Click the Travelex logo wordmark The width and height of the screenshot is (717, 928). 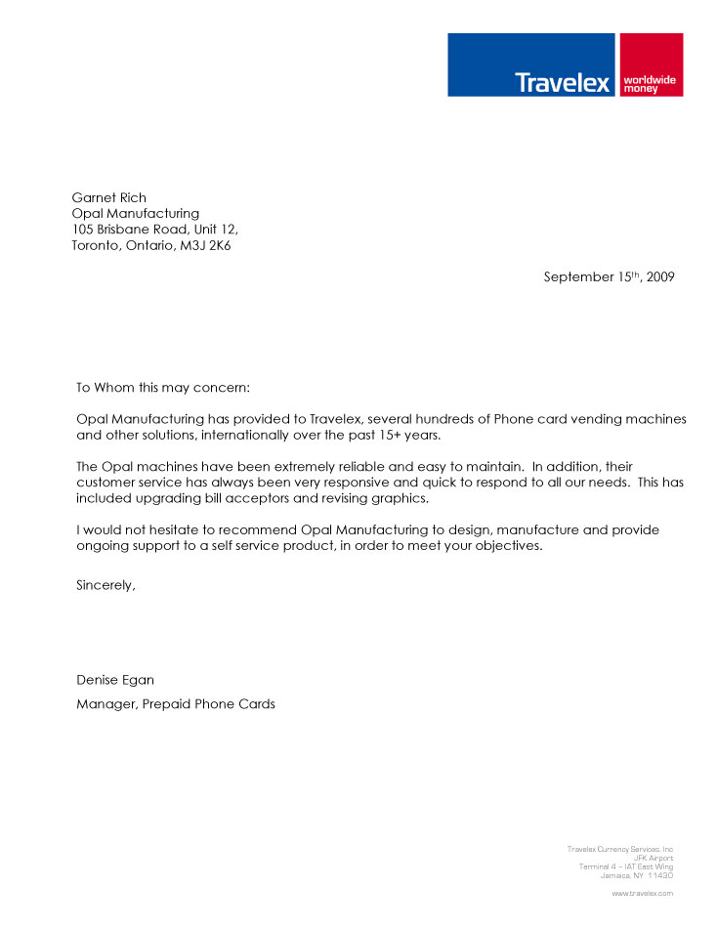point(562,82)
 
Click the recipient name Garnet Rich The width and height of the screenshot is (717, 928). point(108,197)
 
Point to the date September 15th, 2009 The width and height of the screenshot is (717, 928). point(609,276)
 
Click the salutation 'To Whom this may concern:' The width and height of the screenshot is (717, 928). point(163,387)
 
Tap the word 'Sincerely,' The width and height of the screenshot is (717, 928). point(105,586)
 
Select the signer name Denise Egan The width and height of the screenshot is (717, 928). point(115,680)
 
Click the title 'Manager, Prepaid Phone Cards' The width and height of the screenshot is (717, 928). point(176,703)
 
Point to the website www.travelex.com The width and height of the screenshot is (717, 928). point(642,893)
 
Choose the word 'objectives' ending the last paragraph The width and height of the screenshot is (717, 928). point(504,546)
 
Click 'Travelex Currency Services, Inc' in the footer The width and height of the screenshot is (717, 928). point(619,850)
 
